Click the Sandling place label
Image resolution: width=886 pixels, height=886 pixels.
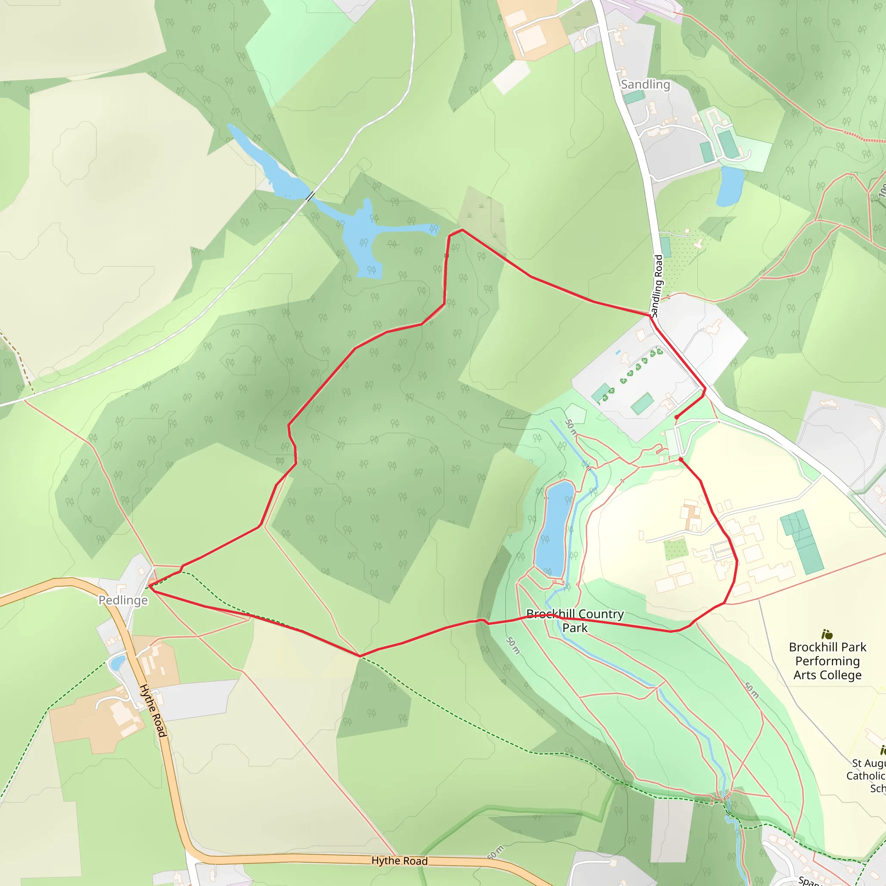(x=645, y=84)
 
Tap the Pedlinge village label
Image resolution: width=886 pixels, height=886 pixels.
(x=123, y=600)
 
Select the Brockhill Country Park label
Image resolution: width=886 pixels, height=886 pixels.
(x=575, y=620)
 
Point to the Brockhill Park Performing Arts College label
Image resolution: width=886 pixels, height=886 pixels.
(x=827, y=661)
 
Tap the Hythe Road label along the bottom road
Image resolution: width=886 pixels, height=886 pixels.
(x=399, y=861)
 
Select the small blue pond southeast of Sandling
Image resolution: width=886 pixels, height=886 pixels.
(x=730, y=186)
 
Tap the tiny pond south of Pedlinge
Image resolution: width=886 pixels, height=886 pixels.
(x=117, y=662)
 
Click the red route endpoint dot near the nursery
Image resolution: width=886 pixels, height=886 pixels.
(x=677, y=417)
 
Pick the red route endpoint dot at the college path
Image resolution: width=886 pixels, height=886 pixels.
(x=681, y=459)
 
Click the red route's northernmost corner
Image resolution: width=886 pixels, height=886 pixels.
(x=462, y=230)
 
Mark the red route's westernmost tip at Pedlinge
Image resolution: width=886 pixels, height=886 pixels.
(x=150, y=586)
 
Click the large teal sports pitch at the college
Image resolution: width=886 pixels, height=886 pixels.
(x=802, y=542)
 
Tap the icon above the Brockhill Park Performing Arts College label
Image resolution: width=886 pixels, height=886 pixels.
(x=827, y=634)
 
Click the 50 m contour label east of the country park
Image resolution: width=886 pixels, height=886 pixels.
(x=751, y=690)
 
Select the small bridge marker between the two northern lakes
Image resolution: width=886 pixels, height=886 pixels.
(x=311, y=196)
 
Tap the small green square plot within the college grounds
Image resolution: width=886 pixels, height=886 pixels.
(x=675, y=548)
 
